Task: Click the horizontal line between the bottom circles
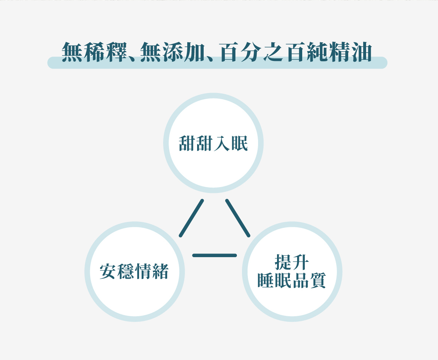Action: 214,255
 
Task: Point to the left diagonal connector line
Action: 191,218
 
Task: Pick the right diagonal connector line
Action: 238,218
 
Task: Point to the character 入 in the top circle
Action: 222,143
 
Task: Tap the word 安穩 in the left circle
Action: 117,272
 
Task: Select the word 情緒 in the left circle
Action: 152,272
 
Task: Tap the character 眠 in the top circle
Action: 239,143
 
